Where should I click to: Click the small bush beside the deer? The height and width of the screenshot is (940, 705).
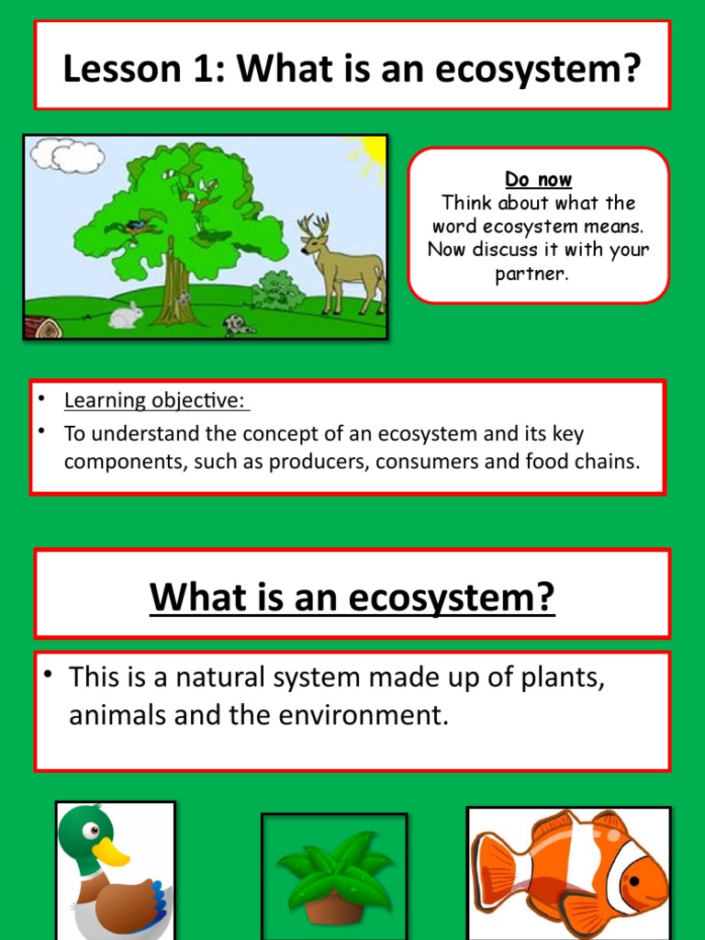click(x=278, y=292)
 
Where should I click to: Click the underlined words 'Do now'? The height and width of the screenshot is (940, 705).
click(x=538, y=180)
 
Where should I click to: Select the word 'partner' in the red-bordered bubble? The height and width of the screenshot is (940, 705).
click(x=537, y=274)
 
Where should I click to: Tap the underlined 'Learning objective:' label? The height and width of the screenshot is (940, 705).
click(x=156, y=400)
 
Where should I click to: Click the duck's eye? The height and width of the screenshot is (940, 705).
click(x=92, y=831)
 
